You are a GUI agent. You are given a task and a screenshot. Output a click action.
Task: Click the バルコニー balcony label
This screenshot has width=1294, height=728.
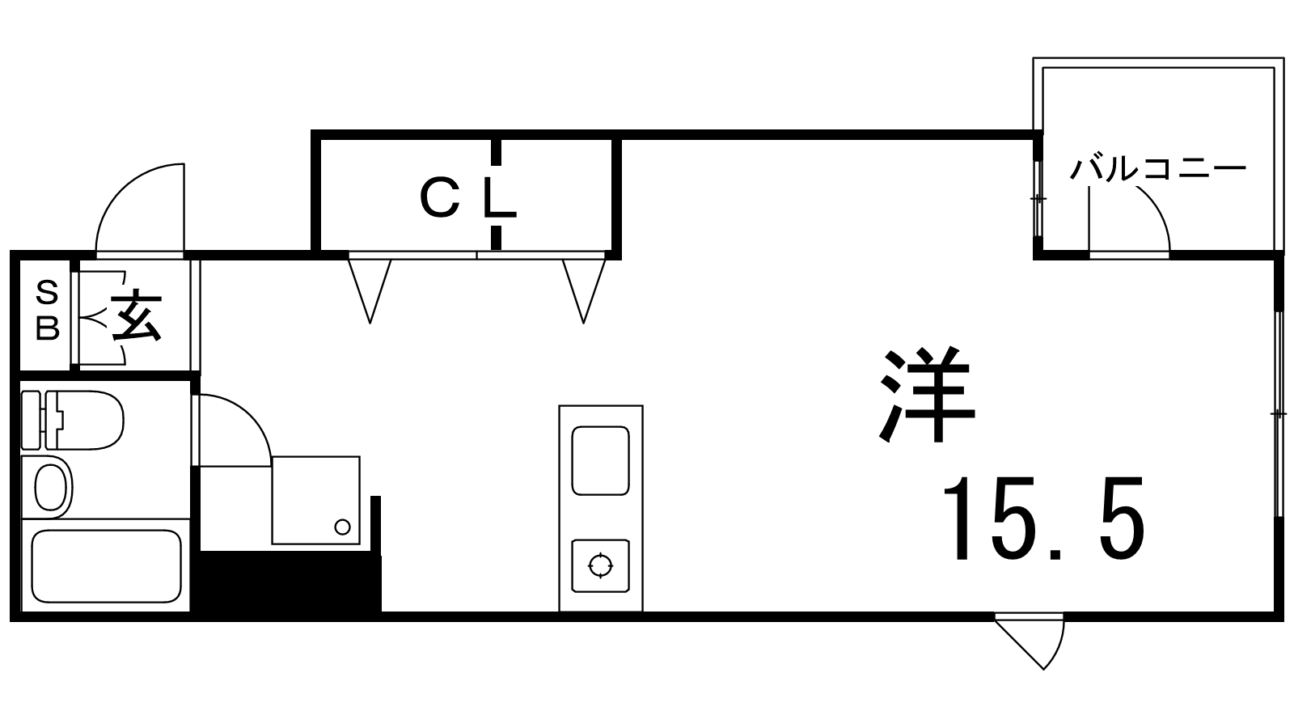(x=1158, y=170)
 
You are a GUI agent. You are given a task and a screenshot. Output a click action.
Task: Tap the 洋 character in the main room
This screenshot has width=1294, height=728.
(x=926, y=396)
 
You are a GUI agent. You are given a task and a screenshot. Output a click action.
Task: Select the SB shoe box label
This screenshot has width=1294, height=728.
(x=48, y=311)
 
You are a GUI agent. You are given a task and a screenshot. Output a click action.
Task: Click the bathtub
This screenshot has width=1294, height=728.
(x=105, y=565)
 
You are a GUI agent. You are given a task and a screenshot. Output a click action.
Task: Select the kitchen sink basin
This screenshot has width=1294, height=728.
(x=600, y=460)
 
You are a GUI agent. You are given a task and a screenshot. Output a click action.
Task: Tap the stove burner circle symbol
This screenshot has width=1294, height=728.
(x=600, y=565)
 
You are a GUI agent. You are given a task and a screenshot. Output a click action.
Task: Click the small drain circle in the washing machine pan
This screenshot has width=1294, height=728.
(x=343, y=527)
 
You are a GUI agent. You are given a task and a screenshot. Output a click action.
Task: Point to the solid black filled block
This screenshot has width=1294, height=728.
(x=287, y=582)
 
